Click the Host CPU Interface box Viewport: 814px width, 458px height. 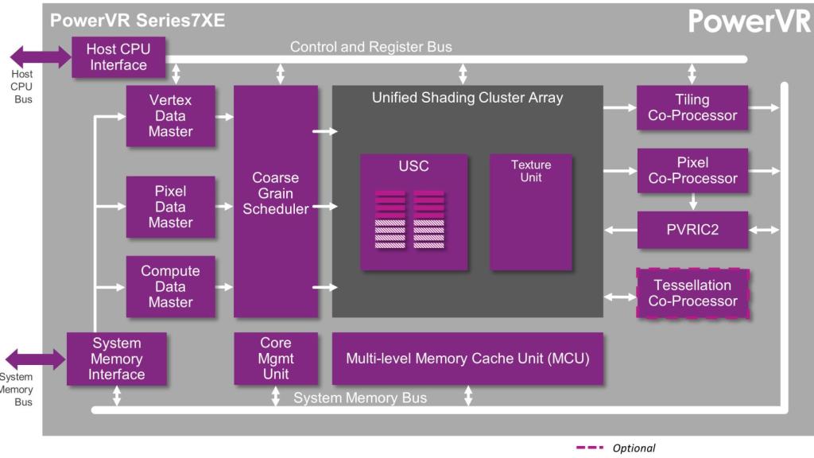click(x=118, y=57)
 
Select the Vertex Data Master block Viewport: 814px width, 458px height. click(x=170, y=116)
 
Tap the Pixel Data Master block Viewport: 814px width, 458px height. click(x=170, y=207)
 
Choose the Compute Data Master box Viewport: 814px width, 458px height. click(x=170, y=286)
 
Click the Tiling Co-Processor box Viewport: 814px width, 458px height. click(x=692, y=107)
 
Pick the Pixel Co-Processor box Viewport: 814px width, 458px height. click(x=692, y=170)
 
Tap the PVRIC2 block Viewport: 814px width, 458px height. click(x=692, y=230)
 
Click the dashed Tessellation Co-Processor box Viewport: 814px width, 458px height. click(x=692, y=293)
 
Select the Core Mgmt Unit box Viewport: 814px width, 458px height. click(x=275, y=359)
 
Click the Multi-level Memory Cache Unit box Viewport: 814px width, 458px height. click(x=467, y=359)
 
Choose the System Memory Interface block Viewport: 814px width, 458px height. click(x=116, y=359)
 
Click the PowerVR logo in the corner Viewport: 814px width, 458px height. click(x=748, y=21)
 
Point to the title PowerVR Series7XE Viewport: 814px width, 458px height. click(x=138, y=21)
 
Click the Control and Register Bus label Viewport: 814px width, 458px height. click(x=370, y=47)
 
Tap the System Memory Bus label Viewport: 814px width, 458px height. click(x=359, y=398)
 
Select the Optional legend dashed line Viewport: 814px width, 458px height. click(x=591, y=448)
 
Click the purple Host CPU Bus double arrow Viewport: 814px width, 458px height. click(x=40, y=56)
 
